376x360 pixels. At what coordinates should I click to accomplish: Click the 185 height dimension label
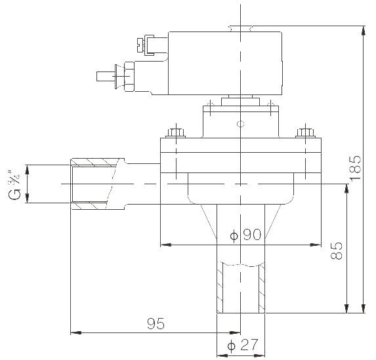(355, 168)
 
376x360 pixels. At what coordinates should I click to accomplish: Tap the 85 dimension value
(337, 250)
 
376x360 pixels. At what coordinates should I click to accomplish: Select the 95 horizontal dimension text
(156, 324)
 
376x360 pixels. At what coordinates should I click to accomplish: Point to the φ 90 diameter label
(245, 235)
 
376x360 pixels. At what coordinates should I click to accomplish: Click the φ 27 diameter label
(242, 345)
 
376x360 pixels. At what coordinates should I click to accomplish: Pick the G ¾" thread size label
(15, 184)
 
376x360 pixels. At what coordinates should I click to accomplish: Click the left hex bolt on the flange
(176, 132)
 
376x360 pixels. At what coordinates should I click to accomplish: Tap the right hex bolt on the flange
(305, 132)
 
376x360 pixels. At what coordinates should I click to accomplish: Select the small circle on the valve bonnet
(241, 124)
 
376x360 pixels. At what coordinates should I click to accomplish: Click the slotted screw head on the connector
(141, 45)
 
